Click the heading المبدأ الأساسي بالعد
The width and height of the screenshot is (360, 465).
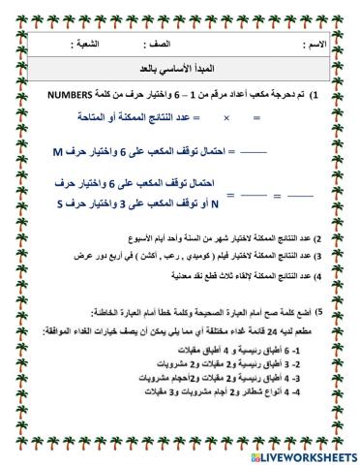pos(181,72)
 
